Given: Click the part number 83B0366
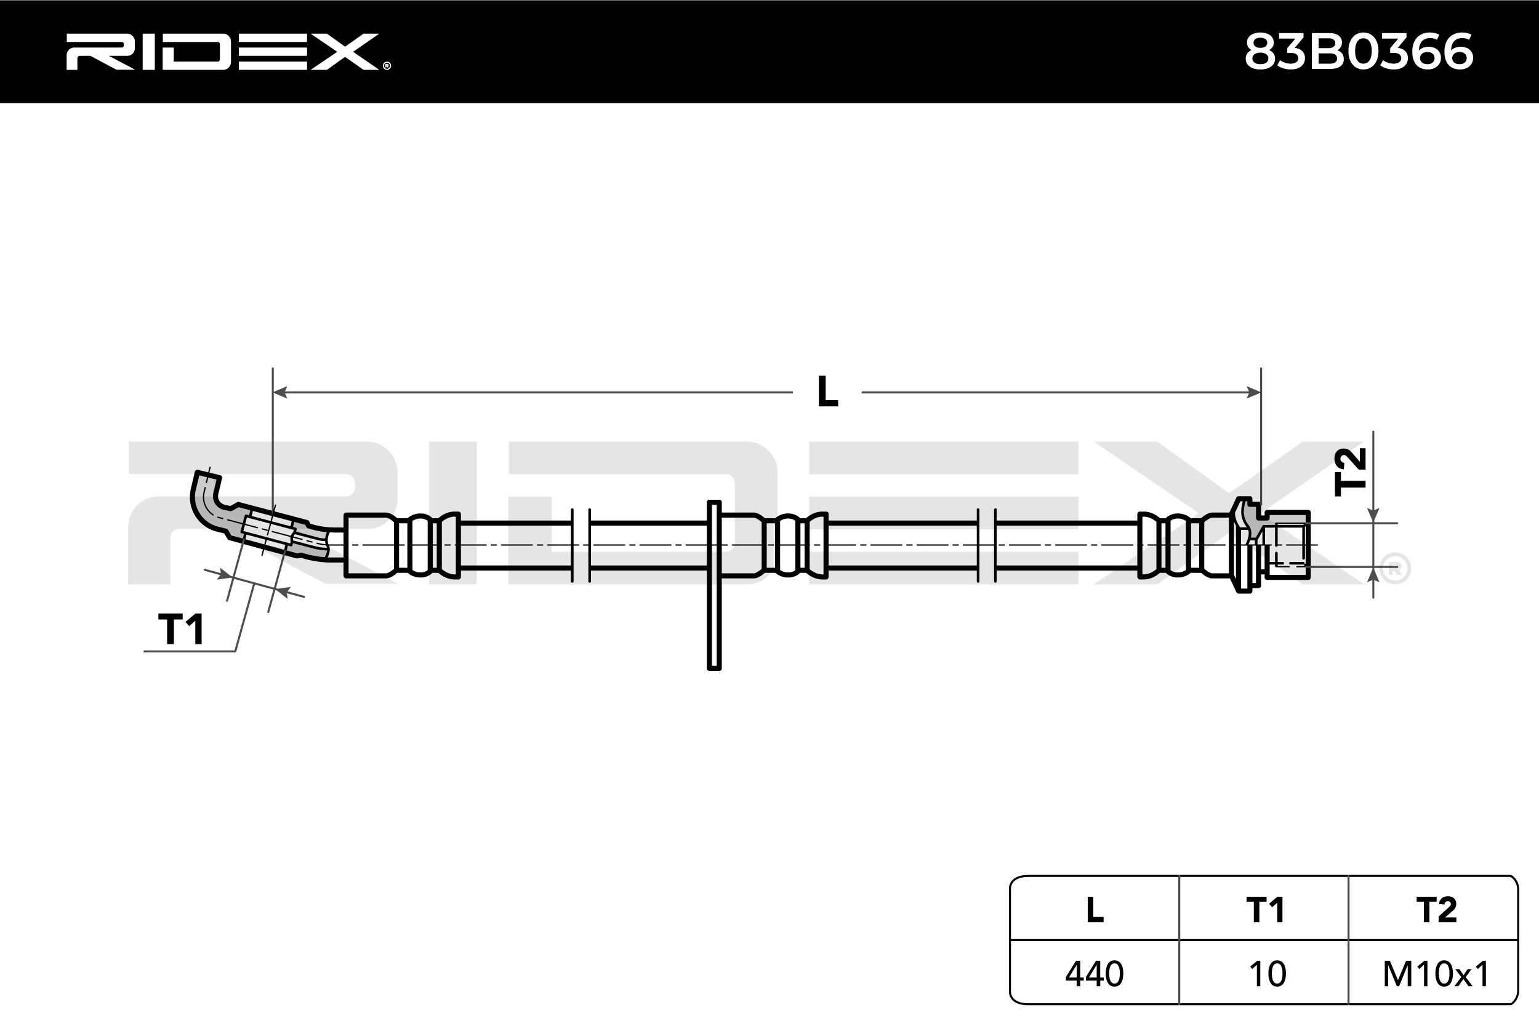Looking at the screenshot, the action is coord(1359,52).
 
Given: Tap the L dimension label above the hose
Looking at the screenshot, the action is coord(827,392).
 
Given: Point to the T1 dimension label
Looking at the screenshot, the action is coord(181,629).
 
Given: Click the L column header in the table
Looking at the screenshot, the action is coord(1095,910).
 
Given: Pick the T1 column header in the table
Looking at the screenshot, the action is coord(1266,910).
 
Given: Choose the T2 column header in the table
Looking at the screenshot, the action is coord(1436,910).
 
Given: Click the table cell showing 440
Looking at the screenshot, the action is coord(1095,974).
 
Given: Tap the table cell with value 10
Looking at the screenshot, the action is coord(1268,974).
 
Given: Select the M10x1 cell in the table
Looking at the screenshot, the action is coord(1436,974).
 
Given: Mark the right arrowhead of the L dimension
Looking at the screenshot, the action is coord(1253,392).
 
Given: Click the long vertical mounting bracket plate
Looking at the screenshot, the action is coord(714,585).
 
